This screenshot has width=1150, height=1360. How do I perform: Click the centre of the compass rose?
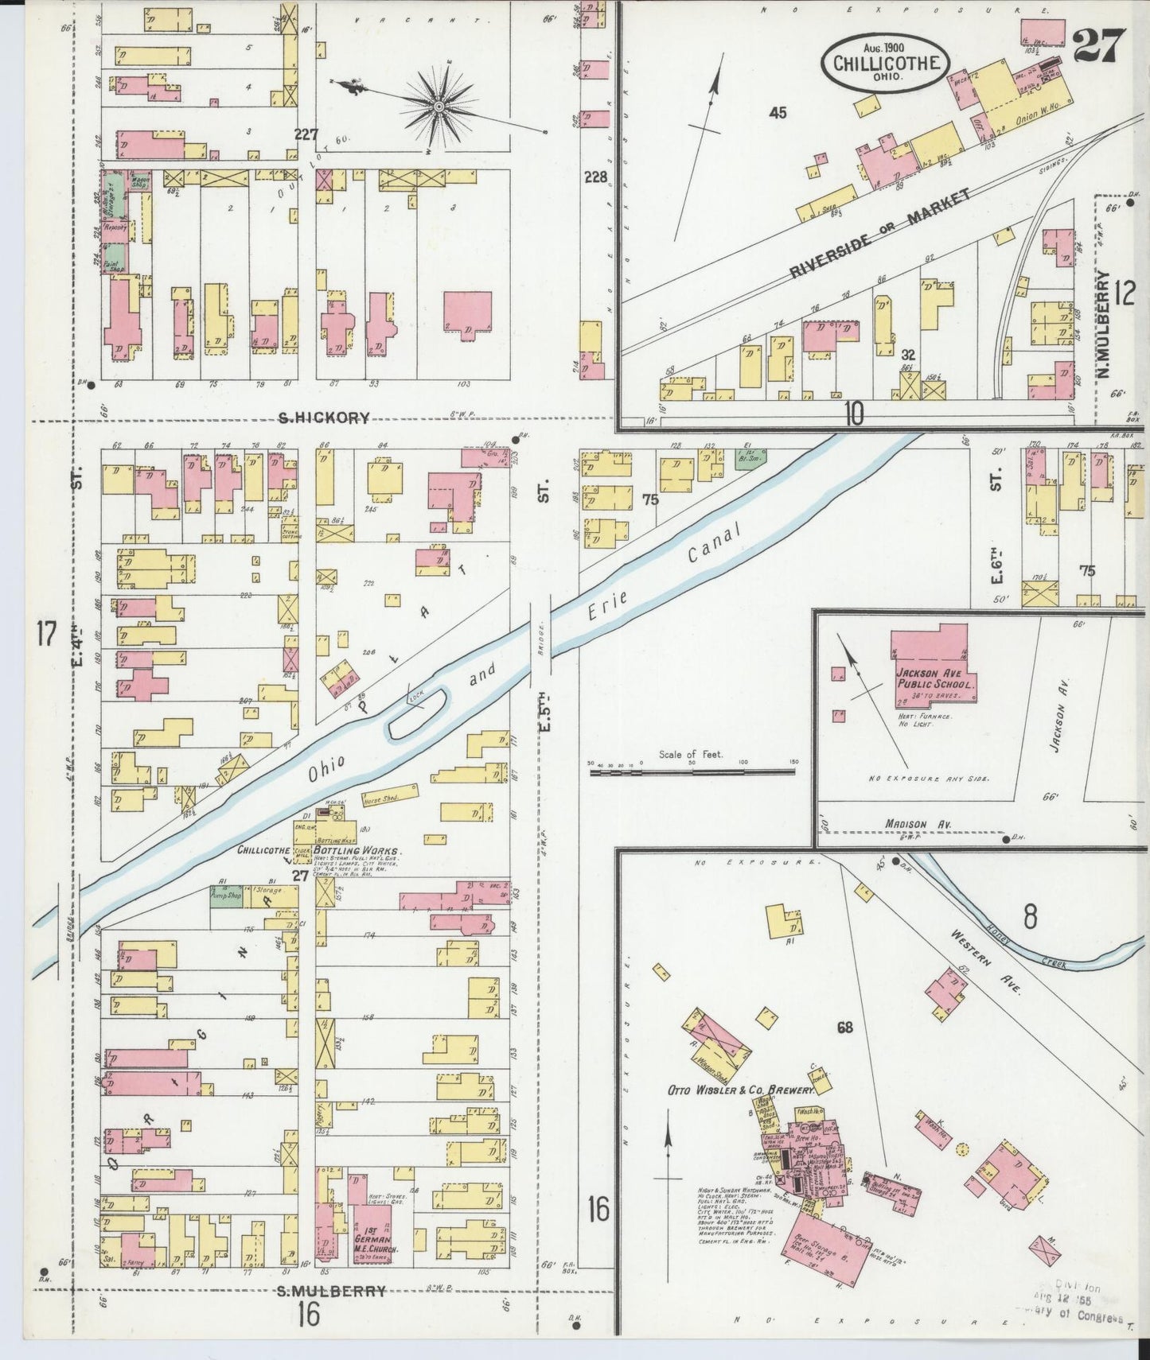click(439, 105)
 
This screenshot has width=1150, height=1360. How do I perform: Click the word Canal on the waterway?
click(715, 546)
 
